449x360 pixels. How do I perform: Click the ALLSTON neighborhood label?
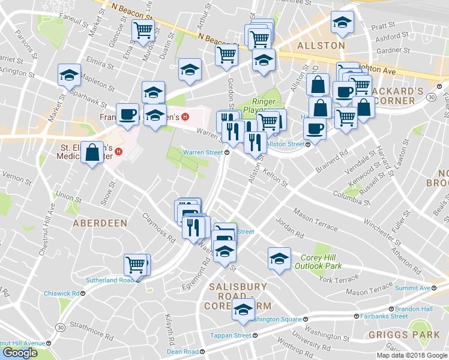click(321, 45)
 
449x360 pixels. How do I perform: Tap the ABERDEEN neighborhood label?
click(100, 223)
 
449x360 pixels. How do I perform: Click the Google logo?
click(20, 353)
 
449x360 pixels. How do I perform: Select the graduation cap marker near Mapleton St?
click(69, 76)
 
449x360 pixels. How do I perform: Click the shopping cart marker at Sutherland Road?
click(135, 265)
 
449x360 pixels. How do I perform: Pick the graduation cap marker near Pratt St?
click(343, 23)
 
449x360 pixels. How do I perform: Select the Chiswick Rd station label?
click(62, 293)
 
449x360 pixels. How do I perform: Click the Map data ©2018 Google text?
click(412, 355)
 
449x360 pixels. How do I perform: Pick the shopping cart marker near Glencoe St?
click(143, 31)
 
